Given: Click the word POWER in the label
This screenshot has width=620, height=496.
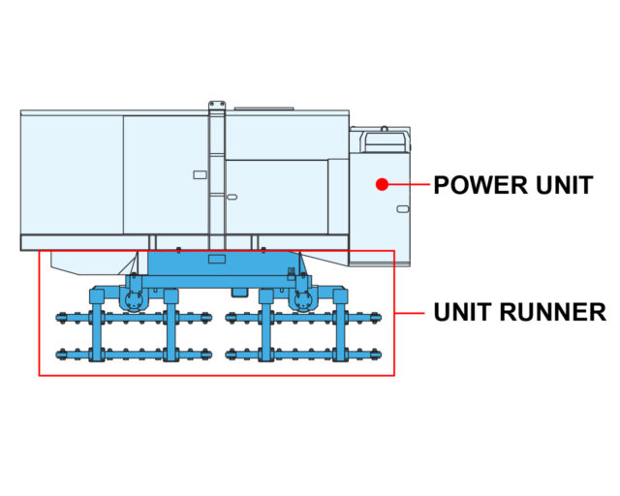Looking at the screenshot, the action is pos(480,185).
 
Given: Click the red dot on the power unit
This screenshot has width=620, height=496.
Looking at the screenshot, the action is pos(382,184).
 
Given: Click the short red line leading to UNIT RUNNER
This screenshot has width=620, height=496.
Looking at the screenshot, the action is pos(409,313).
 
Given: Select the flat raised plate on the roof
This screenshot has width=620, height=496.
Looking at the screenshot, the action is pos(264,108).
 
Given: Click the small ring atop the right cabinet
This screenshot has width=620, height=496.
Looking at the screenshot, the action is pos(384,128).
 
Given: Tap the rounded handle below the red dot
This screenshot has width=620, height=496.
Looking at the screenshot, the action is pos(403,209).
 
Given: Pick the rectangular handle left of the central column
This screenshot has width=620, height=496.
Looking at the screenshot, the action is pos(201,174).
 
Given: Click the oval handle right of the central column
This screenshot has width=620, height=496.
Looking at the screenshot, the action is pos(232,197).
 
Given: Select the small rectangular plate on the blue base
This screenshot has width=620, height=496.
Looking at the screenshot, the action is pos(217,259).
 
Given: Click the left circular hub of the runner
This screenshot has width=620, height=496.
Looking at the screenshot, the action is pos(134,300).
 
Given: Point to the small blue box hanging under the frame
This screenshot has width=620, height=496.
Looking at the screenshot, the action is pos(239,293).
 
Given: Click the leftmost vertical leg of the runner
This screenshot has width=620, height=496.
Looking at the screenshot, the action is pos(97,325).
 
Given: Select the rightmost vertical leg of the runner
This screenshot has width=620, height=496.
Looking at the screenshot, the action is pos(340,325).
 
